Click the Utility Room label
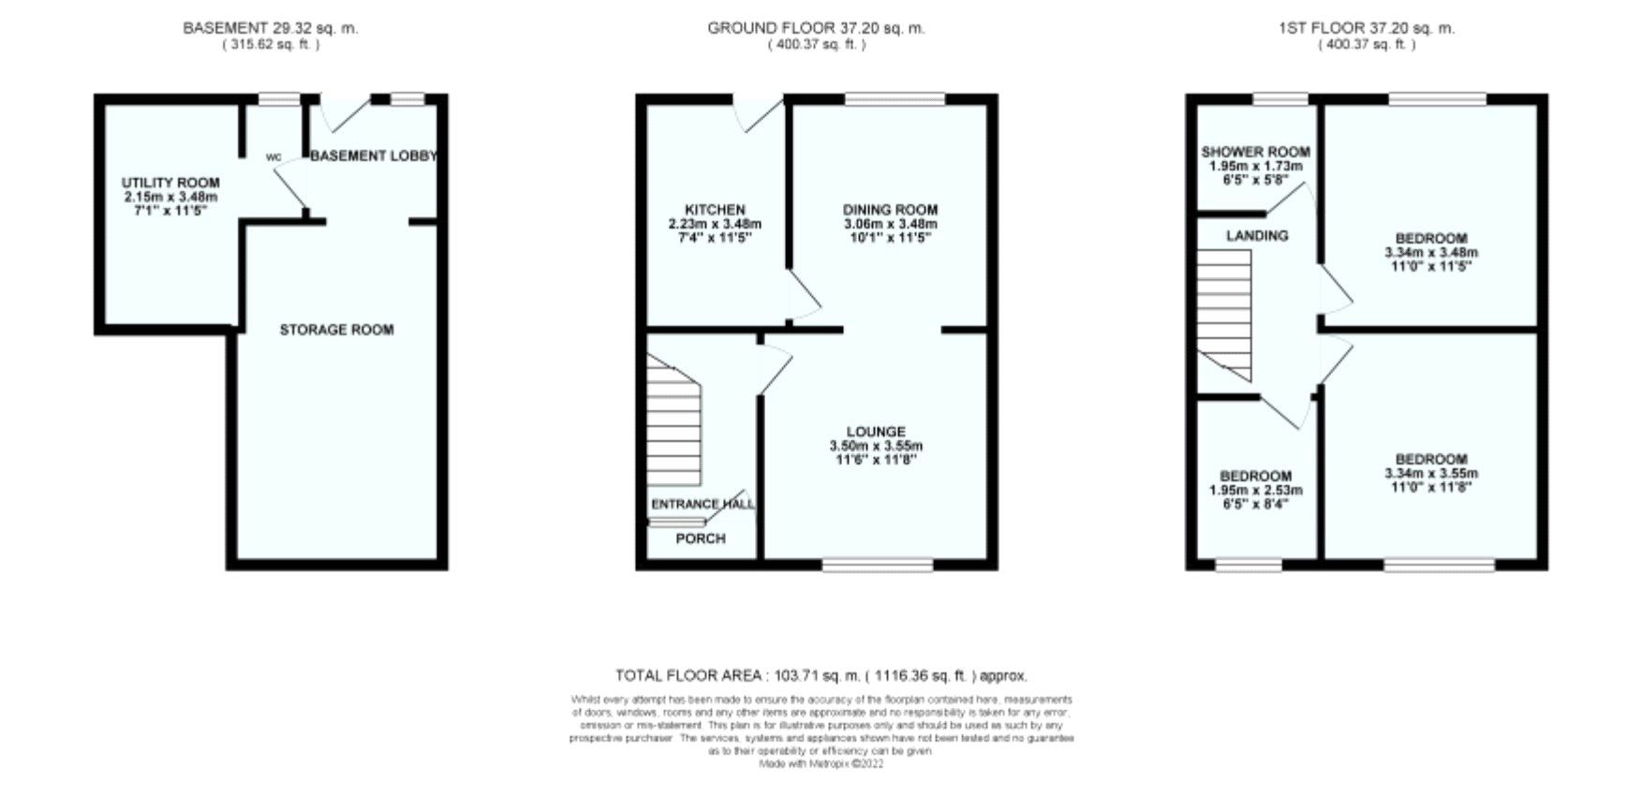(x=170, y=183)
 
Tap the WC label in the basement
(x=274, y=157)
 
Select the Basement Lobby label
(x=374, y=155)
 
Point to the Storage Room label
(x=336, y=330)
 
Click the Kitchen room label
(x=715, y=210)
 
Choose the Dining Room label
(x=890, y=210)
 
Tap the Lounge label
(x=876, y=432)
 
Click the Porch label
(x=701, y=538)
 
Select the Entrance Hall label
(x=703, y=504)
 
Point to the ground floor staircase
(x=673, y=426)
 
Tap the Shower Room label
(x=1255, y=152)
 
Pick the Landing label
(x=1257, y=235)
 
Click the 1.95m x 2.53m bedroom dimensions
(x=1255, y=490)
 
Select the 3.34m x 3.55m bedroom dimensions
(x=1431, y=473)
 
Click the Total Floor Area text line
(x=821, y=675)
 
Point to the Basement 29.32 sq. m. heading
(x=270, y=28)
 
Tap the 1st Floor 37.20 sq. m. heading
(x=1367, y=28)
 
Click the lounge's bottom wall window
(x=878, y=565)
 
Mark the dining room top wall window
(x=895, y=98)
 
